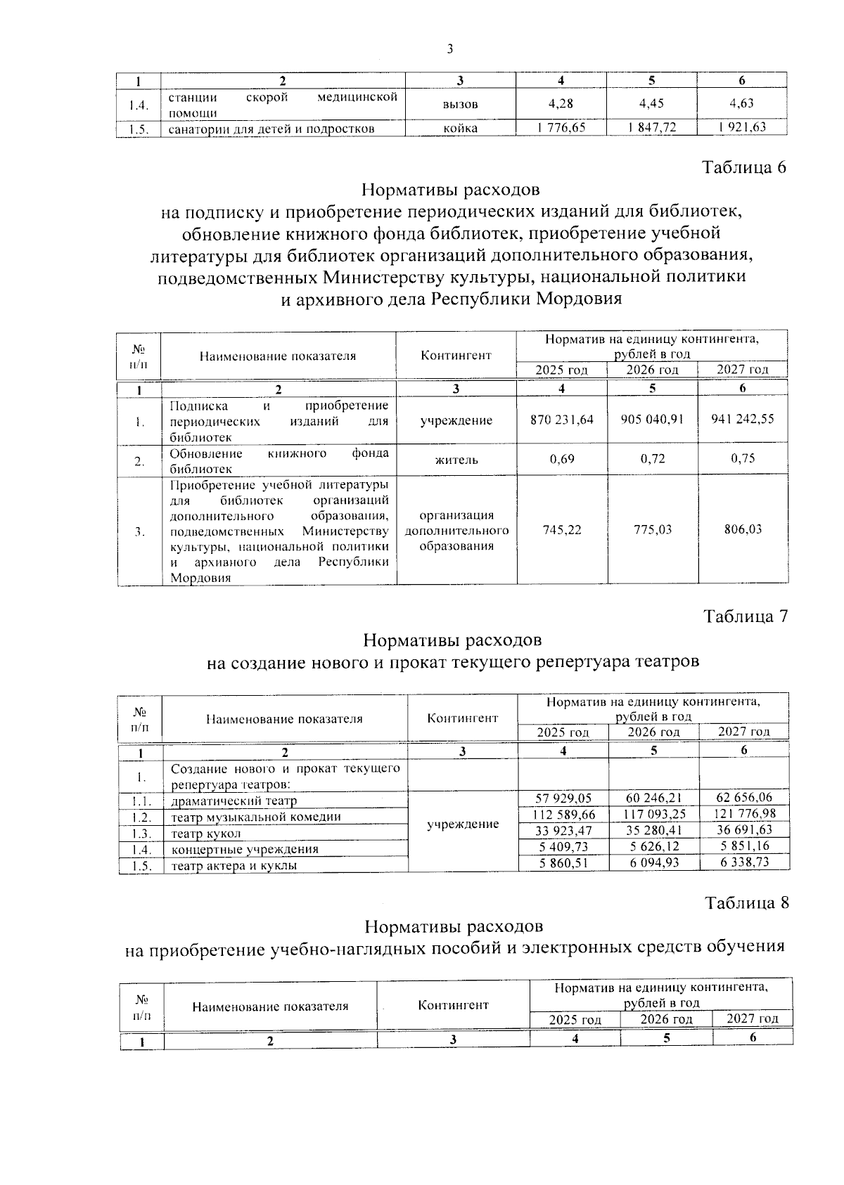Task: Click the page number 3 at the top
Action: pos(450,48)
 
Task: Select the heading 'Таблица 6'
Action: pos(743,167)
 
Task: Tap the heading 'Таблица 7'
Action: pos(746,616)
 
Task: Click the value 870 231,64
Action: pos(562,420)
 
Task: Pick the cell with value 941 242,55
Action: pos(743,420)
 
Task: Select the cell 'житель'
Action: pos(456,460)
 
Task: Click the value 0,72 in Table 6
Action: pos(653,460)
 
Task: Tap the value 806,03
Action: pos(743,530)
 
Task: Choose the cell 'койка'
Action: pos(461,128)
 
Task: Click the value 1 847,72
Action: pos(652,128)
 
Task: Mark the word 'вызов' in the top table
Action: pos(461,104)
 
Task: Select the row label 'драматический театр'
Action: pos(234,801)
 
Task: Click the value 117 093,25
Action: pos(653,814)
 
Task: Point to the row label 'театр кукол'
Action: pos(206,834)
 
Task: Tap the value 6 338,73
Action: pos(745,862)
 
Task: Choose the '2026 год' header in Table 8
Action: pos(666,1019)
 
